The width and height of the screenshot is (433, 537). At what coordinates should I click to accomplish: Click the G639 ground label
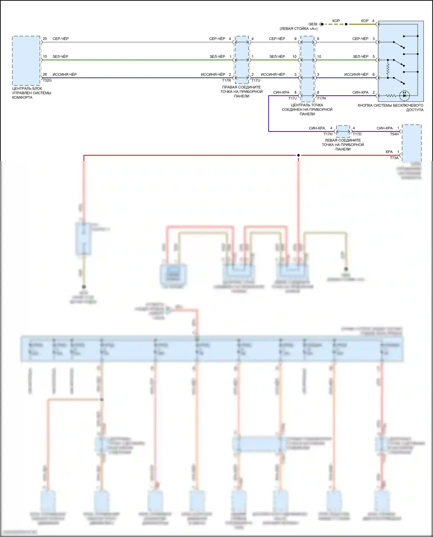313,24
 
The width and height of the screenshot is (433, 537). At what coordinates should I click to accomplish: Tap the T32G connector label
47,80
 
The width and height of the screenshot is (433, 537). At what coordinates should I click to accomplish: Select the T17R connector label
227,81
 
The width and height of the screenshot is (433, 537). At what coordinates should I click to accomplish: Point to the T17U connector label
256,81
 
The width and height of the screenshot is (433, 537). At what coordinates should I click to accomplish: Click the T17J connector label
292,98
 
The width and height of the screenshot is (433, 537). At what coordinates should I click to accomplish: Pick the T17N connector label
321,98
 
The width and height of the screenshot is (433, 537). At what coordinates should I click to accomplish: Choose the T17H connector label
328,134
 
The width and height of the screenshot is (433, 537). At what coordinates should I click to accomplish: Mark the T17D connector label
357,134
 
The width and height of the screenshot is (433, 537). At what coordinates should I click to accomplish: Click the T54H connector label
394,134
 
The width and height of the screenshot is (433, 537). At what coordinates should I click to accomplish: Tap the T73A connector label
394,158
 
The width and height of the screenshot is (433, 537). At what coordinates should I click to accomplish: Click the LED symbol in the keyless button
404,96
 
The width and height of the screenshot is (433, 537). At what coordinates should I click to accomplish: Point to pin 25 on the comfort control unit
45,39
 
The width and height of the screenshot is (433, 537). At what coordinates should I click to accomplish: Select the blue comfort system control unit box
26,61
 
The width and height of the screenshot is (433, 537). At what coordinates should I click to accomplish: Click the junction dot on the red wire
298,156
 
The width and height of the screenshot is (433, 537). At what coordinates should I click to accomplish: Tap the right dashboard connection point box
242,60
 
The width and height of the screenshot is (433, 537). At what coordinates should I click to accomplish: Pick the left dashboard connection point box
343,131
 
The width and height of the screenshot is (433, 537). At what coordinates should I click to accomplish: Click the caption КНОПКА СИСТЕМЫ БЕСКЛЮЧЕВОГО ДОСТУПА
391,107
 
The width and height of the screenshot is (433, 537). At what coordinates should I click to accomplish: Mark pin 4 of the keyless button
373,21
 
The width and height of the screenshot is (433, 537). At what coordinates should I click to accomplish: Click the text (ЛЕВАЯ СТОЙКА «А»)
298,29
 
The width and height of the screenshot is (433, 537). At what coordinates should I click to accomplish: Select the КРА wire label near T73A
389,152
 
